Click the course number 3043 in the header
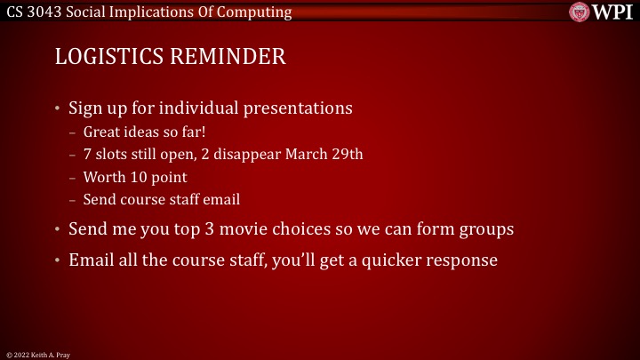click(45, 12)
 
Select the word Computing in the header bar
click(259, 12)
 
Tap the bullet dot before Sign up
click(58, 109)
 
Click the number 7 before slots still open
click(87, 154)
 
